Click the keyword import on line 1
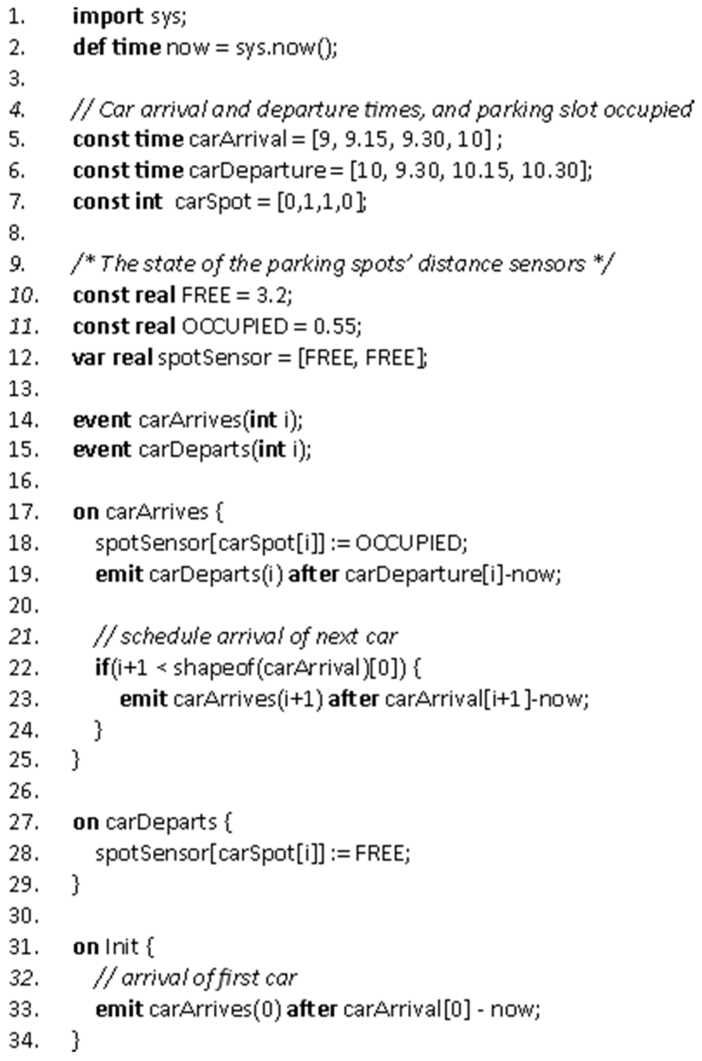coord(108,17)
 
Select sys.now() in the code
coord(285,48)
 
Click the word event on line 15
coord(101,450)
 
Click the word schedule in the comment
coord(165,637)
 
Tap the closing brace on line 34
coord(75,1040)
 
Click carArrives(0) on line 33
coord(215,1010)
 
